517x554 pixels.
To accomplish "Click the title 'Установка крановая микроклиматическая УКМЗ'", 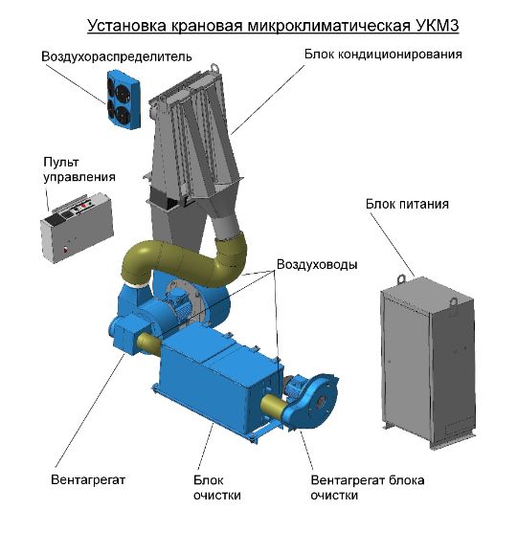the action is [x=273, y=26].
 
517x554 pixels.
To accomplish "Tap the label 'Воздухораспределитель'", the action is [x=117, y=56].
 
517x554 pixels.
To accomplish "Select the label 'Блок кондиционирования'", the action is [x=383, y=54].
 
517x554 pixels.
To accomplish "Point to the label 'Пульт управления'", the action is [x=79, y=169].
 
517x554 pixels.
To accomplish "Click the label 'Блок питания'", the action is [x=407, y=204].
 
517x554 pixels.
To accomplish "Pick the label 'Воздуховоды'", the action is [x=317, y=264].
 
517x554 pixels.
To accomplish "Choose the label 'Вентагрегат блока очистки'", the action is [x=368, y=488].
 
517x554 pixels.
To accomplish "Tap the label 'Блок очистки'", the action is [x=216, y=488].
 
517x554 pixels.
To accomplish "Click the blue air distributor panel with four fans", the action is [x=124, y=100].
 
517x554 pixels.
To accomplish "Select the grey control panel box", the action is [x=77, y=228].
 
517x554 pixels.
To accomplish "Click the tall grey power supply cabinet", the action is [x=428, y=362].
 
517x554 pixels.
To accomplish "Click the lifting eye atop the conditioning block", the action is [x=214, y=67].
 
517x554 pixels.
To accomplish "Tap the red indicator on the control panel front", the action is [x=65, y=250].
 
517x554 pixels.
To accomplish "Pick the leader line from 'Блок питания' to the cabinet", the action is [x=393, y=245].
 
